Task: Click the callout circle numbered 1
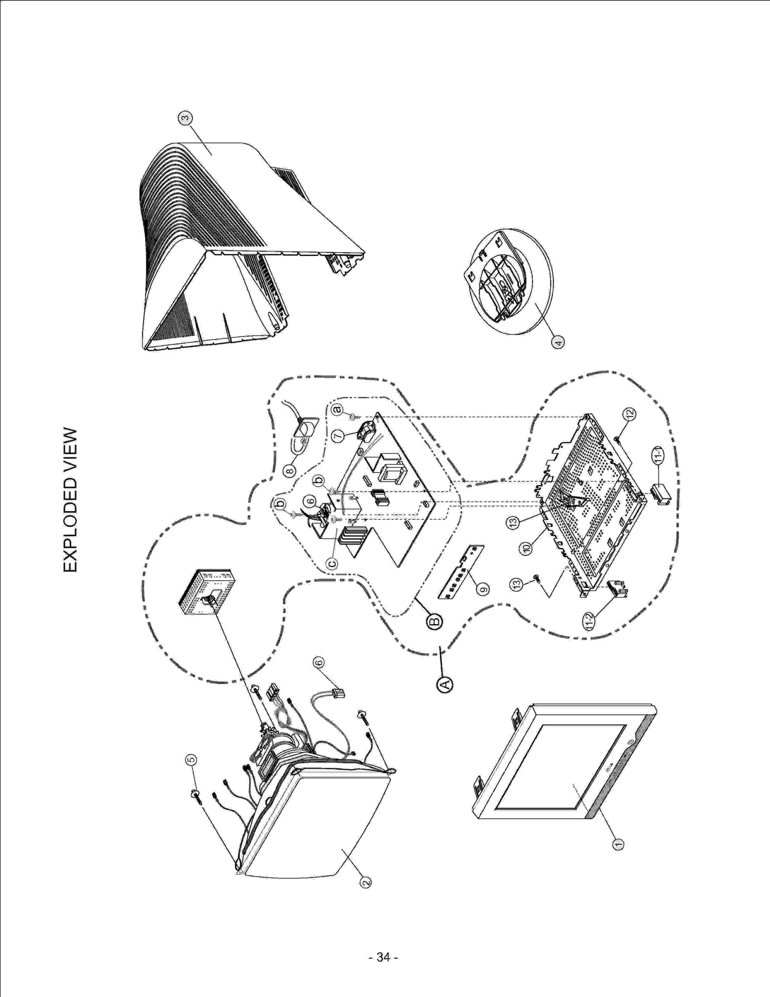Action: [618, 844]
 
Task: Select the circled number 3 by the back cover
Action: [186, 118]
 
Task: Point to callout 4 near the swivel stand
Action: [558, 342]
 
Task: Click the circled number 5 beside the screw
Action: [191, 760]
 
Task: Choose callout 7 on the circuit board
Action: [338, 436]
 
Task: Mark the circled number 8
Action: [289, 471]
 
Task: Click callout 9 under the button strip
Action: [484, 588]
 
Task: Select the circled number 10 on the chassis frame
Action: [527, 548]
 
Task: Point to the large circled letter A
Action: [445, 684]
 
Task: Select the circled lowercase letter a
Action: [337, 410]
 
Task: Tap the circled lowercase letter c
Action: [332, 563]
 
